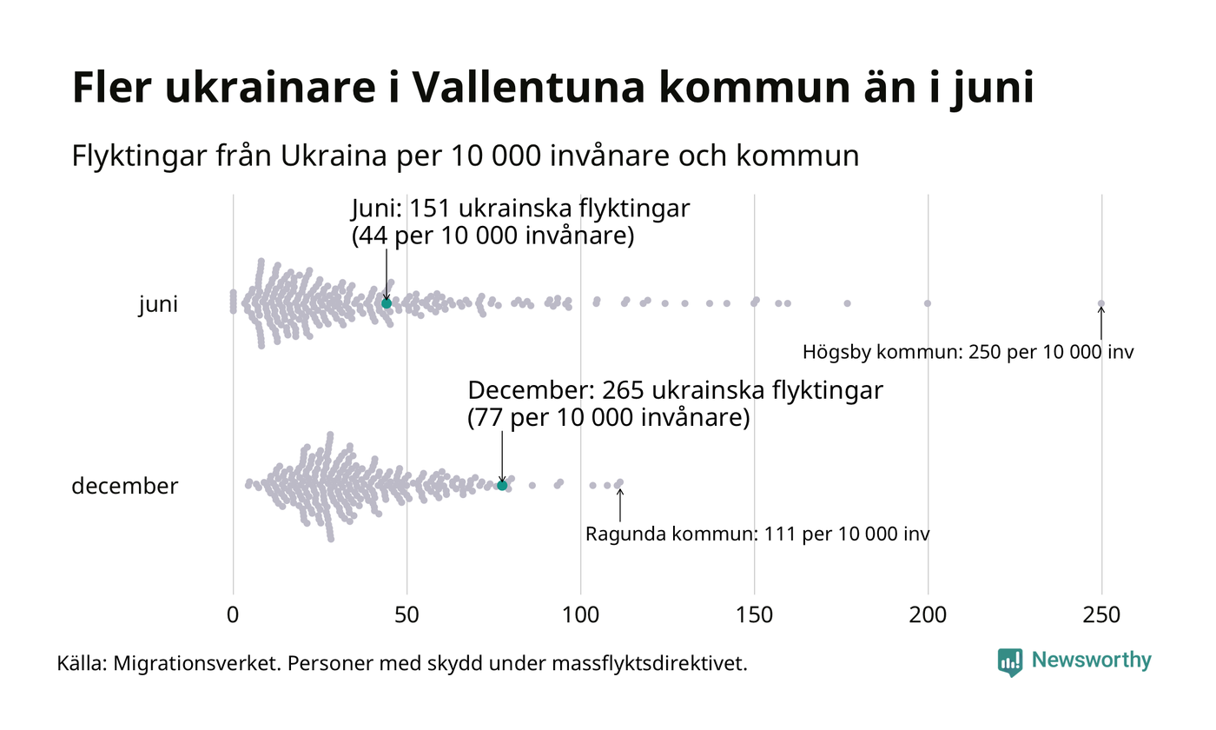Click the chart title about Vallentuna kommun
[553, 89]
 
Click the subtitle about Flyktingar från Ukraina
[466, 156]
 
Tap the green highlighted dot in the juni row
[387, 303]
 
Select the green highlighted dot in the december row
[502, 485]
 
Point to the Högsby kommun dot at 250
[1101, 303]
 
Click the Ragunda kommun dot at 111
[619, 482]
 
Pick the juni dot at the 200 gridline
[928, 303]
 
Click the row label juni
[158, 305]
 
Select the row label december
[124, 486]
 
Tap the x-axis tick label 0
[233, 615]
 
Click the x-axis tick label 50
[406, 615]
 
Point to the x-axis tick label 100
[580, 615]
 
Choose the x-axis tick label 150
[754, 615]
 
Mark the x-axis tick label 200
[928, 615]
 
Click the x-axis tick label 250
[1101, 615]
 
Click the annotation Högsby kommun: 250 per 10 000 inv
[968, 353]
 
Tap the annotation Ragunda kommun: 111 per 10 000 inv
[757, 534]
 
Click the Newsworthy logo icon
[1010, 662]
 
